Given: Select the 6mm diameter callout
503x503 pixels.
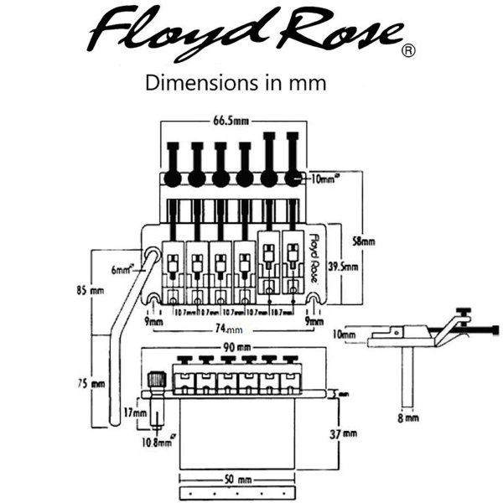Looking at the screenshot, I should pyautogui.click(x=122, y=270).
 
